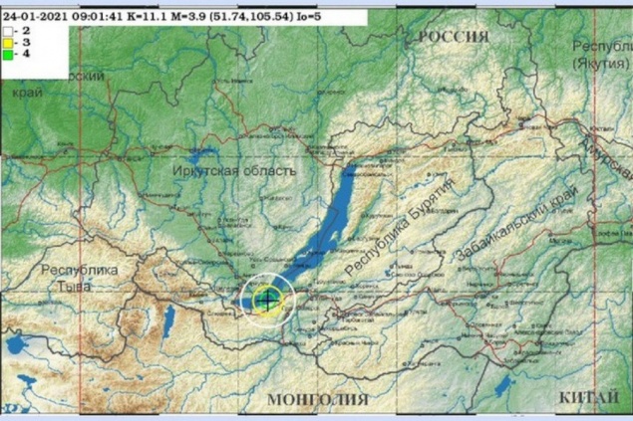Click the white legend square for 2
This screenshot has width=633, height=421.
click(8, 31)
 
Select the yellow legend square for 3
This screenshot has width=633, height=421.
click(8, 43)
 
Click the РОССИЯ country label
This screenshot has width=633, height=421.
click(454, 36)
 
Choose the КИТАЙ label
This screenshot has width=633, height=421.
click(582, 397)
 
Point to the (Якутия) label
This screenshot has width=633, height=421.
click(600, 63)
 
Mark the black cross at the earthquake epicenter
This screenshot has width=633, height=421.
click(266, 298)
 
